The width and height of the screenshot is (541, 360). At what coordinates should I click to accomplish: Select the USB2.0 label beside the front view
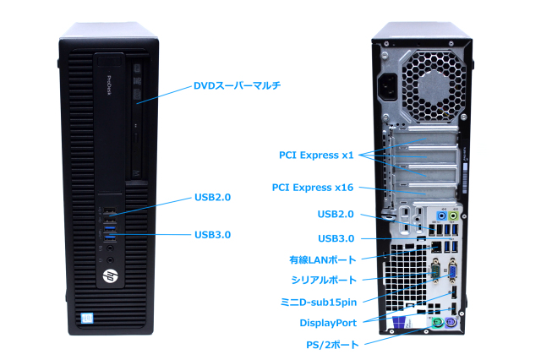(212, 197)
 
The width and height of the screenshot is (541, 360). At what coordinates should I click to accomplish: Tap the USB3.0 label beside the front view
(212, 234)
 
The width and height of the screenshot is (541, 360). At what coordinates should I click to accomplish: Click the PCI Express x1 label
(315, 155)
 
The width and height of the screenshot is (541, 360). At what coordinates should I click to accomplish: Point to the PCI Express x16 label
(312, 187)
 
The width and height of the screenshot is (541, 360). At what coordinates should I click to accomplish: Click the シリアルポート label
(323, 279)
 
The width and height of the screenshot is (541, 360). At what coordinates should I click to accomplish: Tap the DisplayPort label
(328, 322)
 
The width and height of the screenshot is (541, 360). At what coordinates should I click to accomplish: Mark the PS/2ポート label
(331, 344)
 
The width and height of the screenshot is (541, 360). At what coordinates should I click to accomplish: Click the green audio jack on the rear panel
(453, 216)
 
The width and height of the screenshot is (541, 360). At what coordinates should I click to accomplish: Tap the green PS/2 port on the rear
(435, 325)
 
